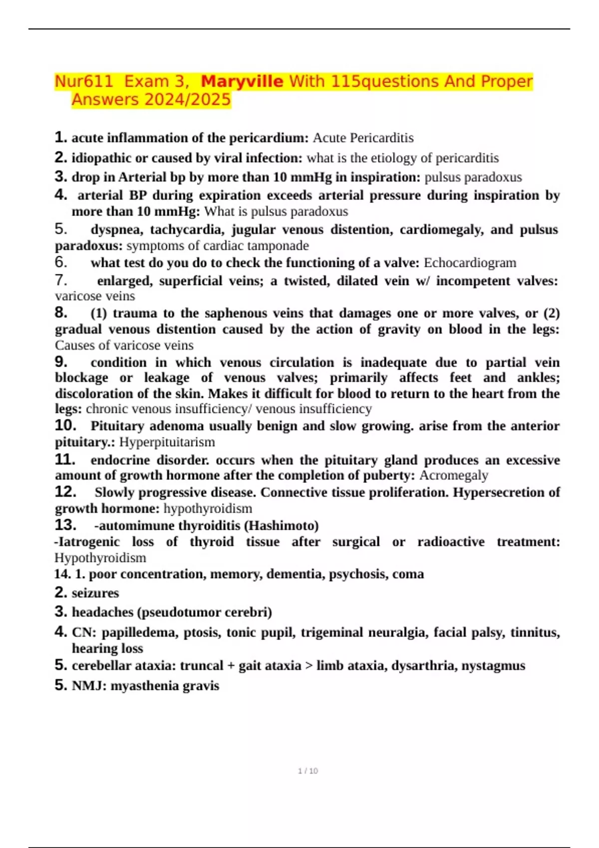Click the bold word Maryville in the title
tap(242, 81)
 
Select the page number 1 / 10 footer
tap(307, 771)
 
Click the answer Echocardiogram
tap(470, 263)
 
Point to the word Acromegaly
tap(453, 475)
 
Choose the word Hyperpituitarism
tap(167, 442)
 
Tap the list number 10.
tap(65, 425)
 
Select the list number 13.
tap(65, 525)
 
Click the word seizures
tap(95, 593)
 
